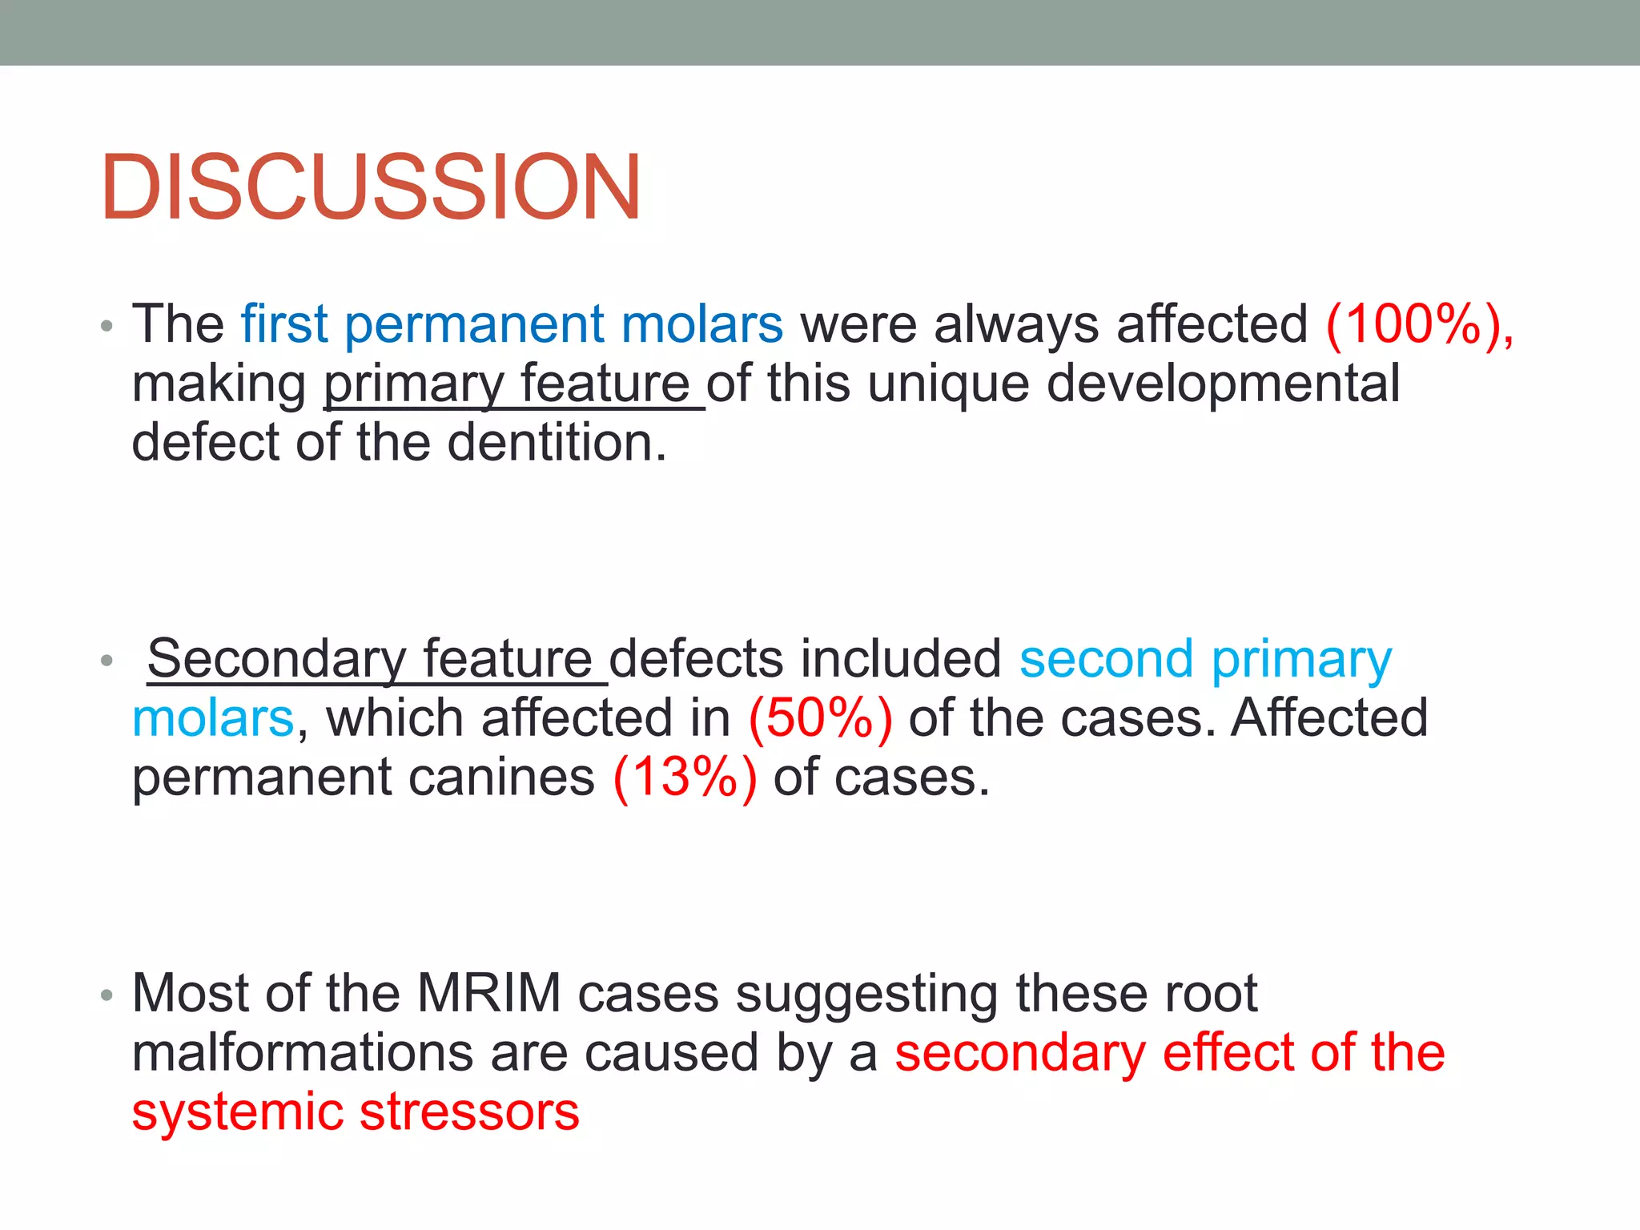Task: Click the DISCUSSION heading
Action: (370, 187)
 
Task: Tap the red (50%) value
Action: (820, 718)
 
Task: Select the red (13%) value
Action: (685, 778)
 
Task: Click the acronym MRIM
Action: (489, 993)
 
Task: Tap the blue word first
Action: (284, 324)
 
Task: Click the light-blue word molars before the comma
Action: (214, 718)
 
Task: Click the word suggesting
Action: (866, 993)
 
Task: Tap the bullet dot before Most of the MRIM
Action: (107, 996)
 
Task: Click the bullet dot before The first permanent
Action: (107, 327)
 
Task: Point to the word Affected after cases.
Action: (1329, 718)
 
